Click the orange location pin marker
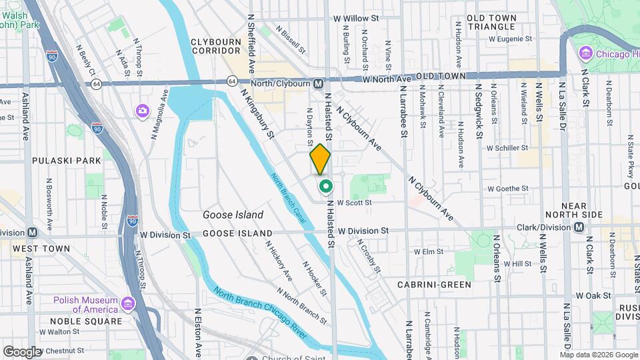pos(321,159)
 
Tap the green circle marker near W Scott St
pos(325,186)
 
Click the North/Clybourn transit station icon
pos(319,83)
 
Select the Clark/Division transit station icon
pos(579,227)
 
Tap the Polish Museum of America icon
pos(128,305)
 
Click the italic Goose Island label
pos(233,215)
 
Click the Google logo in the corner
pos(22,351)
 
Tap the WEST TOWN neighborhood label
pos(40,249)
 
